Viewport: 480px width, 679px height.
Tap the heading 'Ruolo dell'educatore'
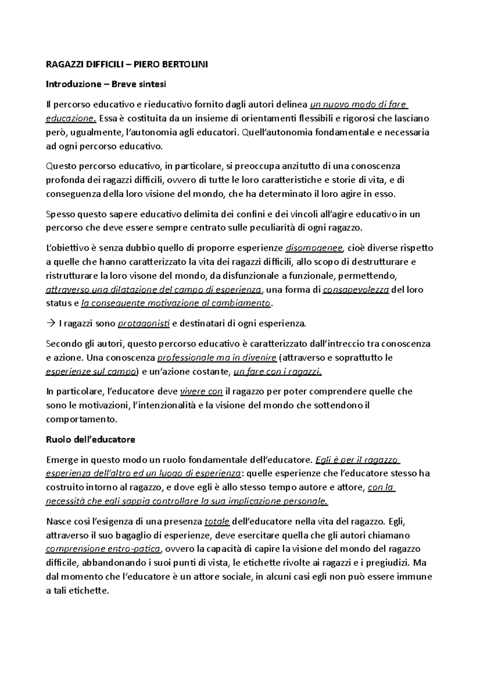(90, 439)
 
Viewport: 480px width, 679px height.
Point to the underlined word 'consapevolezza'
(356, 290)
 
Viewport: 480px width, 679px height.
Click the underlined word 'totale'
(217, 521)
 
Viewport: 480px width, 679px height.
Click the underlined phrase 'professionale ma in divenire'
(218, 357)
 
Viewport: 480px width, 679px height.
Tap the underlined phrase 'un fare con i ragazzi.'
(277, 371)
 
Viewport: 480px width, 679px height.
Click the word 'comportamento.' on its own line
(82, 419)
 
